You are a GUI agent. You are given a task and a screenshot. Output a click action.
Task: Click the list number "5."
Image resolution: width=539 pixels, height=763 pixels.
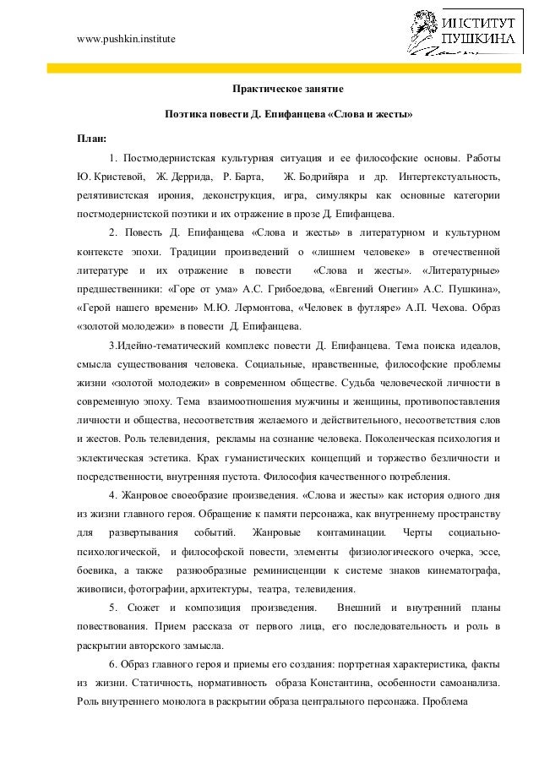pos(114,609)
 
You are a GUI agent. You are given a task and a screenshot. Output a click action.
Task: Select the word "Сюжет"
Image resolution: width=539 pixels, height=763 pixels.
pos(145,609)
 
